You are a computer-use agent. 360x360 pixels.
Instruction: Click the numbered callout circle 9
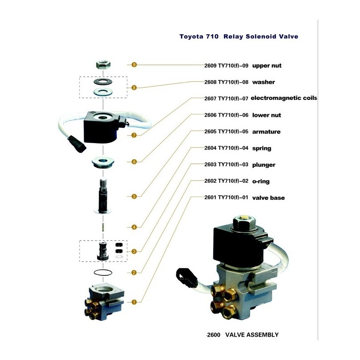click(134, 65)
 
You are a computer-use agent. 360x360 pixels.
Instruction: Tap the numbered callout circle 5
click(134, 196)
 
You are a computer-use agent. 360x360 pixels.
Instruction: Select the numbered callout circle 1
click(134, 302)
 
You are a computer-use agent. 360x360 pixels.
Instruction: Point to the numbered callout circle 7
click(134, 135)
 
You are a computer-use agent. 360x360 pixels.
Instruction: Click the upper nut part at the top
click(103, 64)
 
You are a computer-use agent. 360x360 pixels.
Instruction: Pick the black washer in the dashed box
click(103, 82)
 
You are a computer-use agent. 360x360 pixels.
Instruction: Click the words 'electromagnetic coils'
click(283, 98)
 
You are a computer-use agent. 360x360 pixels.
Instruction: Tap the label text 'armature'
click(266, 132)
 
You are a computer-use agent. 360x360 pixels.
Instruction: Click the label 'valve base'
click(268, 198)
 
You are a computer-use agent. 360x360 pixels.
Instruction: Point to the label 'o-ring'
click(261, 181)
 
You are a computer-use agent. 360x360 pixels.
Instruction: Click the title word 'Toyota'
click(191, 36)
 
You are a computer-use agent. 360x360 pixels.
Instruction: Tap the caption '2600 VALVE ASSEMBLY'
click(243, 335)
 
